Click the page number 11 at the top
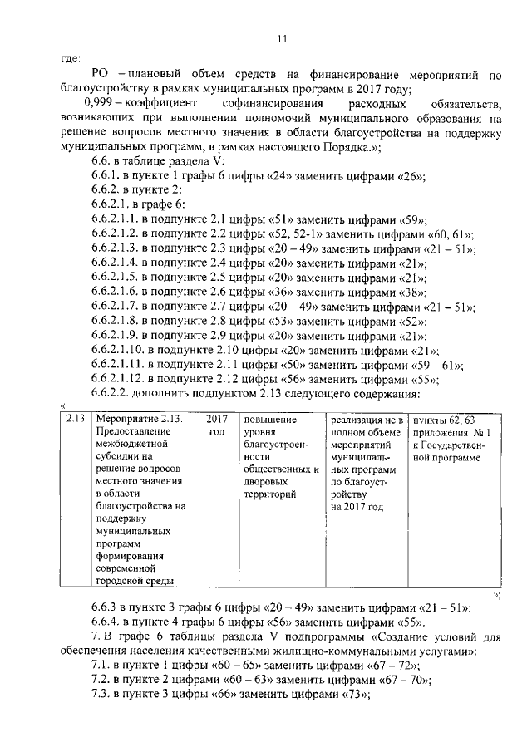pyautogui.click(x=283, y=39)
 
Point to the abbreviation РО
pyautogui.click(x=101, y=76)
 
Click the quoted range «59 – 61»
pyautogui.click(x=437, y=366)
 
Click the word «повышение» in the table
pyautogui.click(x=269, y=420)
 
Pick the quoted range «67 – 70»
pyautogui.click(x=404, y=681)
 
